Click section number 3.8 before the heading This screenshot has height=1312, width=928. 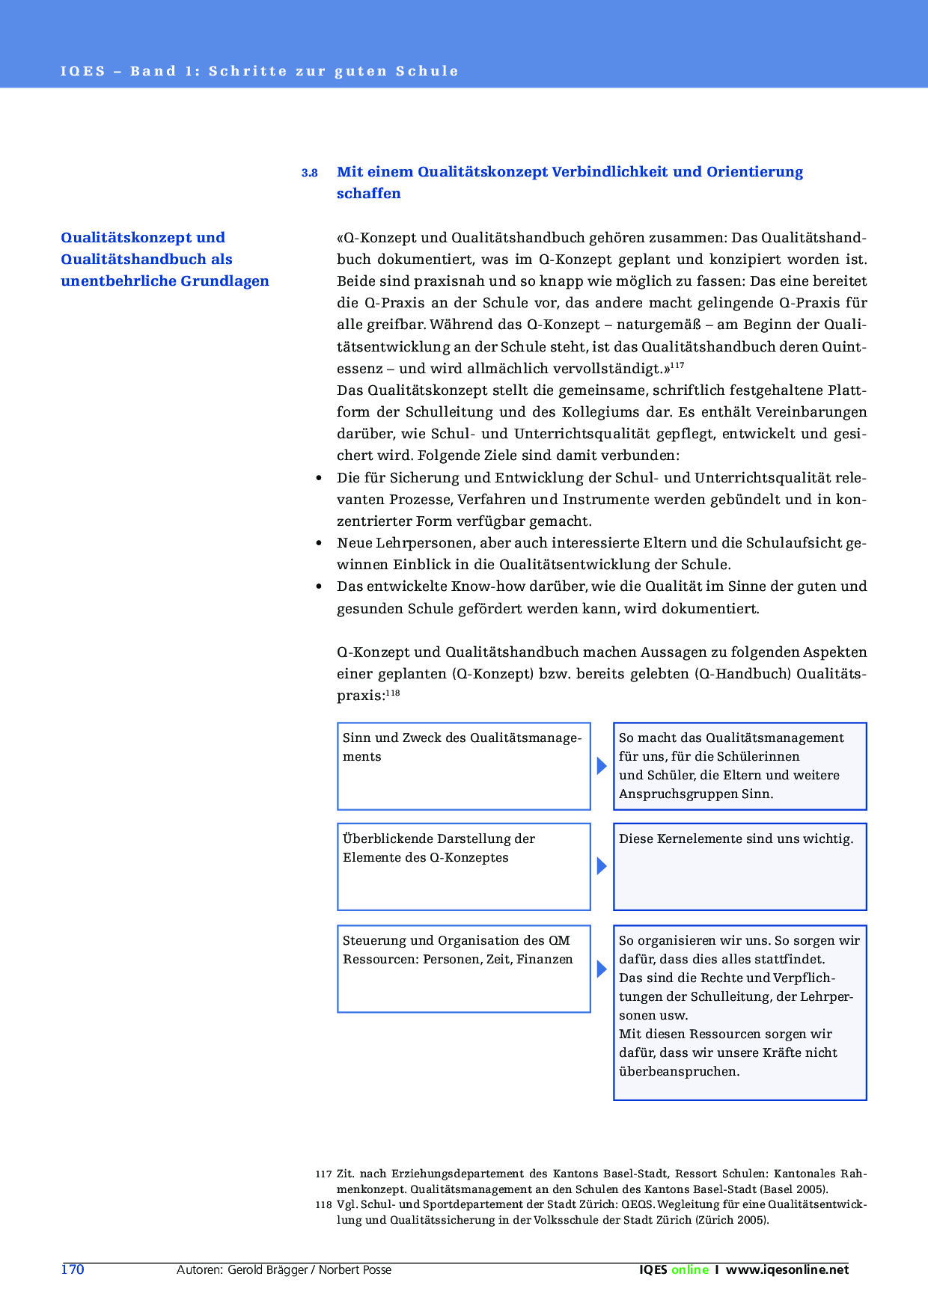pyautogui.click(x=309, y=173)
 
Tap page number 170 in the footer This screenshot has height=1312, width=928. pyautogui.click(x=73, y=1269)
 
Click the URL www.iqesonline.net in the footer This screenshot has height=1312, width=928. pyautogui.click(x=787, y=1269)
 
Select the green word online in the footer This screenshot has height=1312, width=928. pyautogui.click(x=689, y=1269)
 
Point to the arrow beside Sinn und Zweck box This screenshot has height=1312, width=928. pyautogui.click(x=602, y=765)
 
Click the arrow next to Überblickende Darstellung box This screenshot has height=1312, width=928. pyautogui.click(x=602, y=866)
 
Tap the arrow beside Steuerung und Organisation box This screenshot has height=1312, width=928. pyautogui.click(x=602, y=969)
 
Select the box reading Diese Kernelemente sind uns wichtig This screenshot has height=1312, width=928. pyautogui.click(x=739, y=866)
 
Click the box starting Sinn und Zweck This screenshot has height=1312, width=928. pyautogui.click(x=464, y=765)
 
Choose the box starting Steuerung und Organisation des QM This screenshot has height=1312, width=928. pyautogui.click(x=464, y=969)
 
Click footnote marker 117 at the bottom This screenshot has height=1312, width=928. pyautogui.click(x=323, y=1174)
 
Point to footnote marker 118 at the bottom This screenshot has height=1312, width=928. pyautogui.click(x=323, y=1205)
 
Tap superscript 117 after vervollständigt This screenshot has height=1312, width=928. pyautogui.click(x=677, y=365)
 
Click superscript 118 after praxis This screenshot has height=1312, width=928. pyautogui.click(x=393, y=693)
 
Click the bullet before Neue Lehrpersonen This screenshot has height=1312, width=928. pyautogui.click(x=320, y=543)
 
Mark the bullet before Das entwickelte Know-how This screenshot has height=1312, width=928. pyautogui.click(x=320, y=586)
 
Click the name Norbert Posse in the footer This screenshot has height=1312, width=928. pyautogui.click(x=355, y=1269)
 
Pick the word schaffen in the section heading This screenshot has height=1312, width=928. pyautogui.click(x=368, y=194)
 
